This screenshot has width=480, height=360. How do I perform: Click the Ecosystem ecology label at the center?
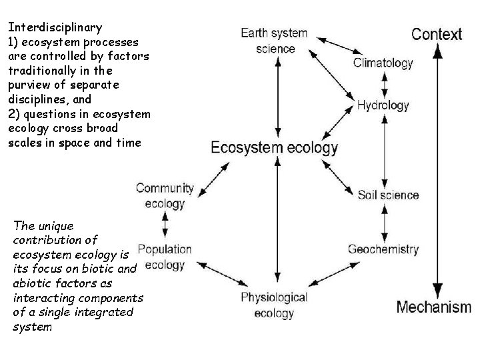pyautogui.click(x=274, y=147)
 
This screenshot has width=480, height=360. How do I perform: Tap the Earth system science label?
pyautogui.click(x=274, y=40)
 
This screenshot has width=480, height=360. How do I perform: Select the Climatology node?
pyautogui.click(x=383, y=64)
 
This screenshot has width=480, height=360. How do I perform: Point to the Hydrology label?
pyautogui.click(x=383, y=105)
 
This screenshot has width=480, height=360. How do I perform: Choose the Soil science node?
pyautogui.click(x=388, y=195)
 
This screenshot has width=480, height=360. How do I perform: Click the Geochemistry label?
pyautogui.click(x=383, y=249)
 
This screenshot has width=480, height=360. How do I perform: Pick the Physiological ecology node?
pyautogui.click(x=274, y=304)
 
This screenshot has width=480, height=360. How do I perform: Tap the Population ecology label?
pyautogui.click(x=164, y=257)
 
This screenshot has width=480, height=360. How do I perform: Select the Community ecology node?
pyautogui.click(x=165, y=195)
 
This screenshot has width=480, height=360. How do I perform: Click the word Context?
pyautogui.click(x=437, y=34)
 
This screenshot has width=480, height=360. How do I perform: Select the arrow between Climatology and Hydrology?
pyautogui.click(x=383, y=85)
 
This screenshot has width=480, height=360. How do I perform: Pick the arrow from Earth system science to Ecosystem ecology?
pyautogui.click(x=275, y=93)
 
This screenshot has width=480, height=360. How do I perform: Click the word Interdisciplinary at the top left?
pyautogui.click(x=55, y=27)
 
